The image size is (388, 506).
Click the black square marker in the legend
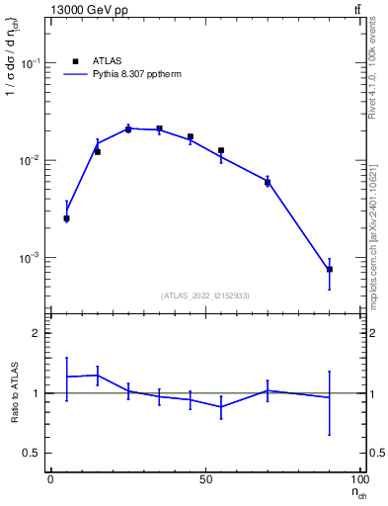point(75,61)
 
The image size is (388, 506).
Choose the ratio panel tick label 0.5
point(32,454)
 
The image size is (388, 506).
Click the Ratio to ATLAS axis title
point(13,392)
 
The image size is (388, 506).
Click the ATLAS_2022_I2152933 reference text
point(205,295)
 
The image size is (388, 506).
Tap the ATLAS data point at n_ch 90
point(330,269)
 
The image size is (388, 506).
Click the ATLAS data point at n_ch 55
point(221,150)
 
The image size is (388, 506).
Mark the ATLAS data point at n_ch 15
point(97,151)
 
